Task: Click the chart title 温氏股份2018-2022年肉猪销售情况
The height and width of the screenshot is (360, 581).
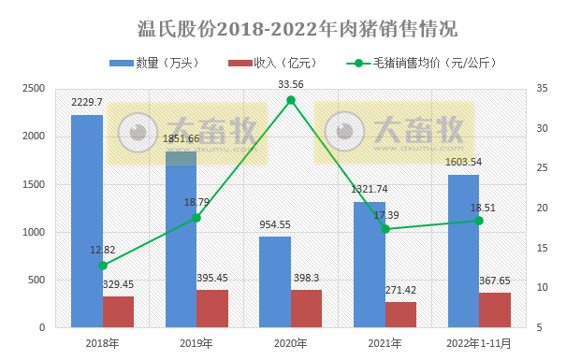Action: click(291, 28)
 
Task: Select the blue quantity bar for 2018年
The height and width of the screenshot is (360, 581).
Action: click(87, 221)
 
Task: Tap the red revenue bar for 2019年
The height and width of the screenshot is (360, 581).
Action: click(212, 309)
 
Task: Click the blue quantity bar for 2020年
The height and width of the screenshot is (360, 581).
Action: click(275, 281)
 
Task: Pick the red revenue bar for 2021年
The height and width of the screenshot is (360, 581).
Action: click(400, 314)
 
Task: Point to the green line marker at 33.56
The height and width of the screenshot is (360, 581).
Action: click(291, 100)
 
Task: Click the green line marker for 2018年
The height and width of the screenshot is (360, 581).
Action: click(103, 266)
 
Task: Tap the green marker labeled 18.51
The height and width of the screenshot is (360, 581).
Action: click(479, 220)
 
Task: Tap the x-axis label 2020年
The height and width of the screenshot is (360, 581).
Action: click(291, 344)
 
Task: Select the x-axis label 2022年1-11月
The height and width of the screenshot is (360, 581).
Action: click(479, 344)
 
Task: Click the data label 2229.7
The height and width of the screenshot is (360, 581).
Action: click(86, 102)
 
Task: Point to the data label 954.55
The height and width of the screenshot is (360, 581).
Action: click(275, 225)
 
